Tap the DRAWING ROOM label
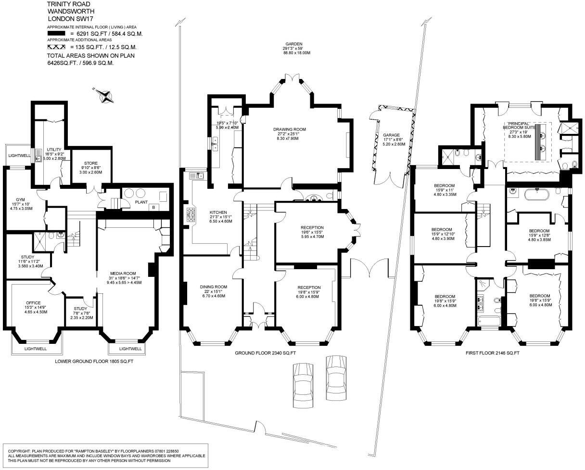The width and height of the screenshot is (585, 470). [x=290, y=129]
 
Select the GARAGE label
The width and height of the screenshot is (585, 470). [x=391, y=135]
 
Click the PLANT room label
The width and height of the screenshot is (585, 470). [x=141, y=202]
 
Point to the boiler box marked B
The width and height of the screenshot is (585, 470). [x=153, y=208]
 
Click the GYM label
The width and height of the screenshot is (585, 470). [x=20, y=199]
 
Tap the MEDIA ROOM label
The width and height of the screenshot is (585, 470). [x=123, y=273]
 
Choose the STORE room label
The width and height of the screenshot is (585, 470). [x=91, y=163]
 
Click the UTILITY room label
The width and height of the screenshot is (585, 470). [x=54, y=149]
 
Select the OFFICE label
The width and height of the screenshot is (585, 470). [x=34, y=302]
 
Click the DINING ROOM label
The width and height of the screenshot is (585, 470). [x=214, y=287]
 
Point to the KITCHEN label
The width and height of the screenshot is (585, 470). [x=218, y=212]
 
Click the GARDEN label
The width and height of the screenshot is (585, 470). [x=294, y=44]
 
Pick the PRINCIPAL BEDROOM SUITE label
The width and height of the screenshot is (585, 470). [x=519, y=126]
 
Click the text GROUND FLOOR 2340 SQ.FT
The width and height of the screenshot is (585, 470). [x=265, y=353]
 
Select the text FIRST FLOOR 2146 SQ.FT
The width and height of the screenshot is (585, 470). [x=493, y=353]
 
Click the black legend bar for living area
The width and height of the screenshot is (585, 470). [x=56, y=34]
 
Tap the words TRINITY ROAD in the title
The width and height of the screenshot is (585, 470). [x=68, y=4]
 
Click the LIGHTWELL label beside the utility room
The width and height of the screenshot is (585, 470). [x=19, y=156]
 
